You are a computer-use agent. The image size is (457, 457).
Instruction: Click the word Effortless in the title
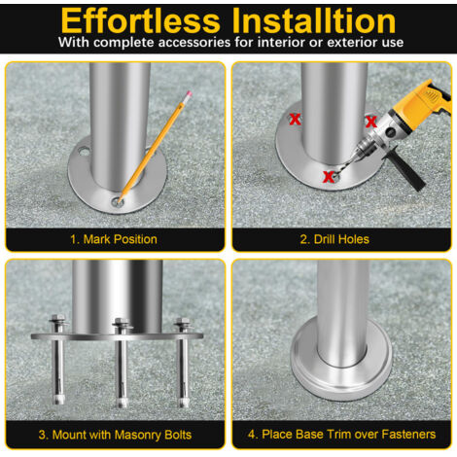tap(140, 20)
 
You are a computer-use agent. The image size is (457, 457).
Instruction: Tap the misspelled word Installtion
tap(314, 20)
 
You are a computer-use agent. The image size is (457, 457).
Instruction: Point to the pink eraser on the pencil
tap(188, 94)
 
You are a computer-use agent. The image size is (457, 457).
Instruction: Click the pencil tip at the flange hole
tap(120, 201)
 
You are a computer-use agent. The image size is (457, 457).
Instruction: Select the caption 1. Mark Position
tap(114, 239)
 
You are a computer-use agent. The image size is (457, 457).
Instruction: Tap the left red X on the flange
tap(295, 120)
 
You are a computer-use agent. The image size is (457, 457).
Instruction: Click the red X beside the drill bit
tap(329, 177)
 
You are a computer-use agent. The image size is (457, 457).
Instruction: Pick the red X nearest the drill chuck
tap(370, 122)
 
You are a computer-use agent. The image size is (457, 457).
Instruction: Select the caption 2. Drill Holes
tap(334, 239)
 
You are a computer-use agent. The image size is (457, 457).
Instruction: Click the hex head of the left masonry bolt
tap(57, 318)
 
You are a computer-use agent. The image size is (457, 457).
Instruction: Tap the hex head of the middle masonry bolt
tap(122, 322)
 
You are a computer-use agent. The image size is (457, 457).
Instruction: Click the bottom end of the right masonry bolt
tap(184, 404)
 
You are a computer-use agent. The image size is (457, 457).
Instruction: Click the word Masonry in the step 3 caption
tap(137, 435)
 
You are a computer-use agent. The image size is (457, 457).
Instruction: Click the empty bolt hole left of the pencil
tap(84, 151)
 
